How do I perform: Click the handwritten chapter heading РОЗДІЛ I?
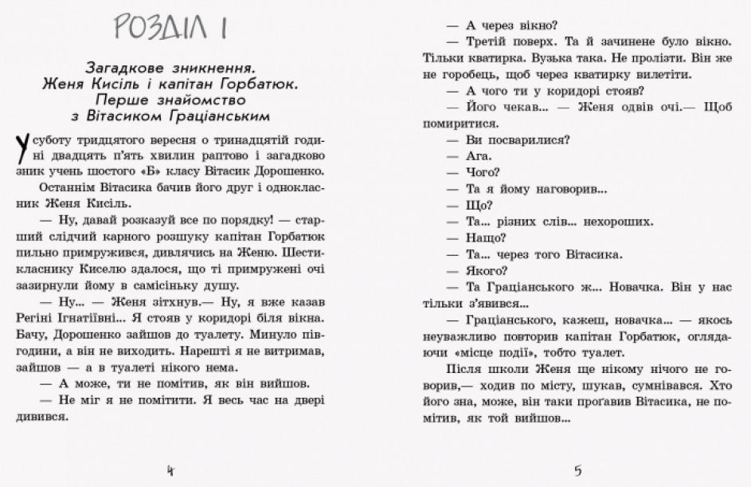click(x=170, y=30)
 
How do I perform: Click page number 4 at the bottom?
click(x=169, y=469)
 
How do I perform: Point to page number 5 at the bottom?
click(x=577, y=469)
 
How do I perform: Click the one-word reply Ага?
click(x=480, y=156)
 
